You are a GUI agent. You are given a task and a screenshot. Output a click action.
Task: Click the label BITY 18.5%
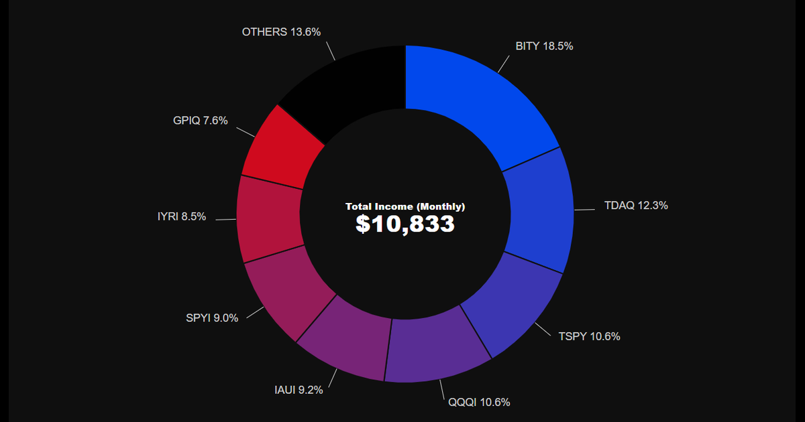coord(544,46)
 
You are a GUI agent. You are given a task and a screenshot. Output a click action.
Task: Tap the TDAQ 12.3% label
coord(636,206)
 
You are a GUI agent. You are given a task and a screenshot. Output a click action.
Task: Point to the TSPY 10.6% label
coord(589,336)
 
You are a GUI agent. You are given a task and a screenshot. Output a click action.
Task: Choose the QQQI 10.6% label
coord(479,403)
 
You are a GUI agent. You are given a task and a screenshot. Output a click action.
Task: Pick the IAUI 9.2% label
coord(299,390)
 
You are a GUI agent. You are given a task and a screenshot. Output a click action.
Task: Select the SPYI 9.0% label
coord(212,318)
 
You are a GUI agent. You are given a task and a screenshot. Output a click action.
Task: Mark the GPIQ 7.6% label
coord(200,121)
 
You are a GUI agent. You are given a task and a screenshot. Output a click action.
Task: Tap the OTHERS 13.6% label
coord(281,32)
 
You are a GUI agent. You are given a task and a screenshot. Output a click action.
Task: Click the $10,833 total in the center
coord(405,224)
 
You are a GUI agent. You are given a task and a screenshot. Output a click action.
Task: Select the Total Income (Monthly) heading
coord(405,206)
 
